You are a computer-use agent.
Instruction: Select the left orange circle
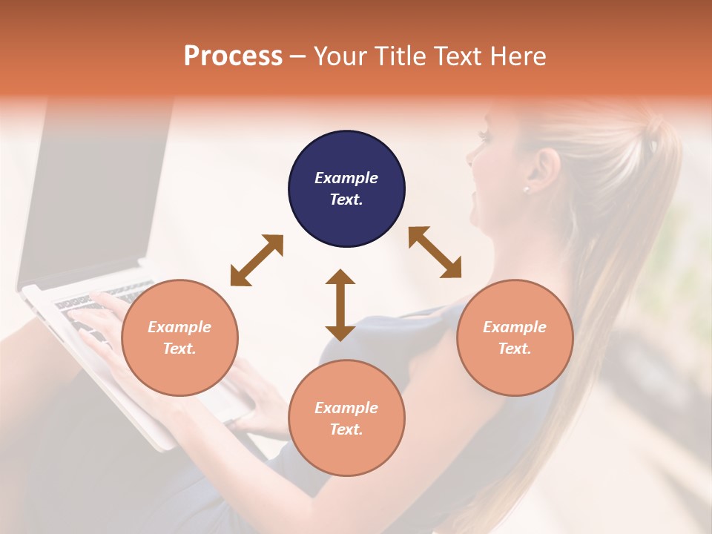click(x=179, y=337)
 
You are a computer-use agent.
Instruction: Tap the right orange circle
click(x=514, y=337)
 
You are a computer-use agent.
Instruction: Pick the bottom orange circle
click(x=346, y=418)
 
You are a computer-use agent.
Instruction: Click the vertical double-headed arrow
click(x=340, y=305)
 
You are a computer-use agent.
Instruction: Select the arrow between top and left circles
click(x=257, y=260)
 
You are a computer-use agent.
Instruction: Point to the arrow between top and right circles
click(x=435, y=252)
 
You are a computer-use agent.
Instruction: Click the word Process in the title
click(x=233, y=56)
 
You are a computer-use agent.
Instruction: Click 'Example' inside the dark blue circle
click(x=346, y=178)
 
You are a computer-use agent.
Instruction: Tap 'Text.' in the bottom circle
click(x=346, y=429)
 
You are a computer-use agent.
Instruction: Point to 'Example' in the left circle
click(x=179, y=327)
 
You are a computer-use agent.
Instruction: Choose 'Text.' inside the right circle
click(x=514, y=349)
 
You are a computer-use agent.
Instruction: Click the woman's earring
click(x=527, y=190)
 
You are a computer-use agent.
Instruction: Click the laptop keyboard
click(x=96, y=304)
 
